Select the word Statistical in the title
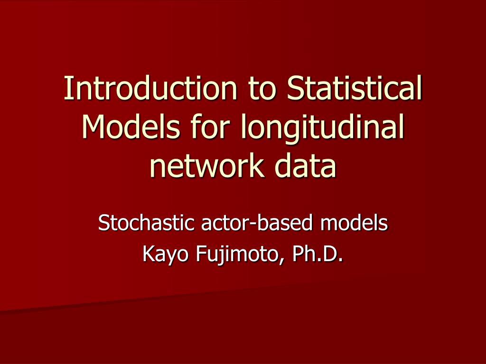point(355,88)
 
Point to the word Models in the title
point(131,127)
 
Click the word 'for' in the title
point(210,127)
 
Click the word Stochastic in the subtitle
point(147,223)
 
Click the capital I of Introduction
point(67,88)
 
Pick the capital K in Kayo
point(149,254)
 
